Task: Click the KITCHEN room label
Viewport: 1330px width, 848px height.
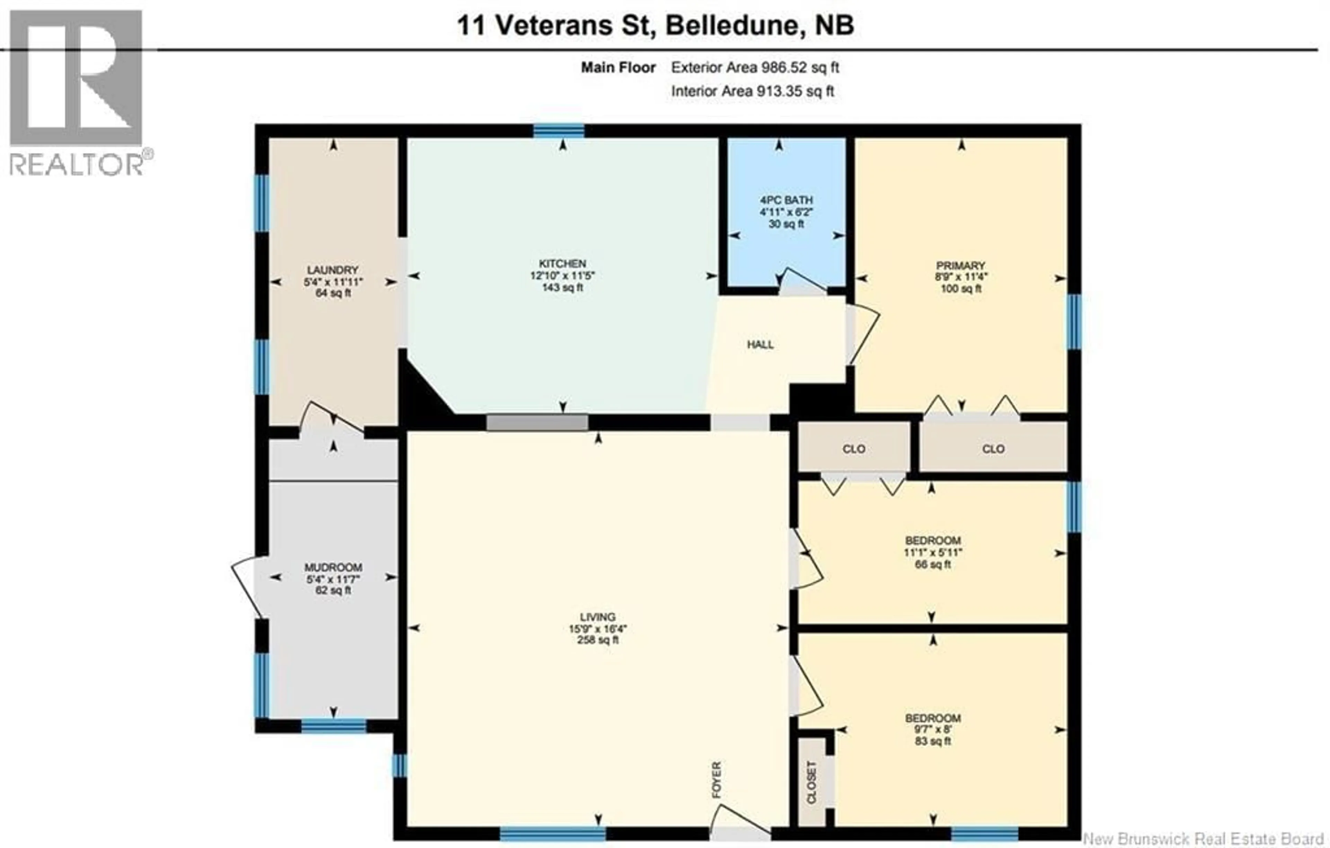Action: coord(562,264)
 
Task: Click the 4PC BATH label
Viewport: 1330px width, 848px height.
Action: coord(786,200)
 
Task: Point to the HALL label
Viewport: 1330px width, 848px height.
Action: coord(760,345)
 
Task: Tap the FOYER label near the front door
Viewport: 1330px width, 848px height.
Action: coord(716,779)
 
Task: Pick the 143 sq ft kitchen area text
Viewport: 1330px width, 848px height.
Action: coord(562,288)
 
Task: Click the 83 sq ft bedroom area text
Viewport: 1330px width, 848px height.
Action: coord(932,741)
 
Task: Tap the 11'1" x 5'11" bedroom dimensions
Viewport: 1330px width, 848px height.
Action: coord(932,552)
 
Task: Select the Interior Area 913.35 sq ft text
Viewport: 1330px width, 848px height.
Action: coord(752,91)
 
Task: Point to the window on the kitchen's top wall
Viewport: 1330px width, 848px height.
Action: coord(558,131)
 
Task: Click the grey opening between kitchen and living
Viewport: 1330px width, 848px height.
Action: coord(537,423)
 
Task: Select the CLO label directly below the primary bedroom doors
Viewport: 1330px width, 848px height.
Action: coord(993,449)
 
